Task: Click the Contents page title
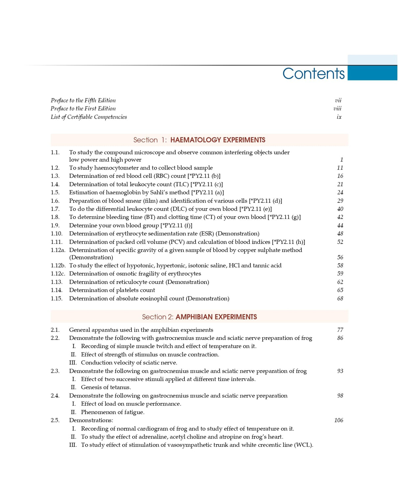click(313, 74)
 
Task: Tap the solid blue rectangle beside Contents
click(372, 73)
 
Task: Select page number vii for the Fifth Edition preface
click(338, 101)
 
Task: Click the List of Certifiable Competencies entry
click(89, 117)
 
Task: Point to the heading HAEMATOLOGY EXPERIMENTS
click(218, 140)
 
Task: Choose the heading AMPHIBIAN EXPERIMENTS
click(216, 317)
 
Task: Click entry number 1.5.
click(55, 193)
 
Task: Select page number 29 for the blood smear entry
click(340, 201)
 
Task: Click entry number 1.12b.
click(58, 266)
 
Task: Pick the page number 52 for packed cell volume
click(340, 242)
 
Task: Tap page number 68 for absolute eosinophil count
click(340, 298)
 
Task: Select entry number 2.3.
click(55, 371)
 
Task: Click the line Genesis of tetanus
click(106, 387)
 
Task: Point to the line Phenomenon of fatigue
click(112, 412)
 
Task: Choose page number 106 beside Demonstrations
click(339, 420)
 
